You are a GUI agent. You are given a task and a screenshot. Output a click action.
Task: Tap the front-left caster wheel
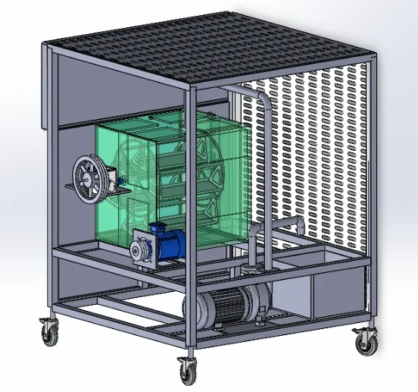(x=49, y=331)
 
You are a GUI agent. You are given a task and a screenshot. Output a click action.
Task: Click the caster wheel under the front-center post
(x=186, y=371)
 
